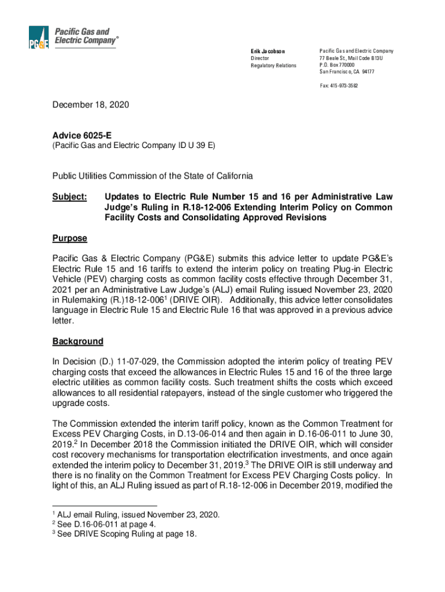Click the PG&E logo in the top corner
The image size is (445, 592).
pyautogui.click(x=39, y=38)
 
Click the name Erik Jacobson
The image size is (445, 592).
pyautogui.click(x=267, y=51)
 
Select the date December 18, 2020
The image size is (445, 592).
pyautogui.click(x=91, y=105)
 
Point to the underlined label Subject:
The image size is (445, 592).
pyautogui.click(x=69, y=197)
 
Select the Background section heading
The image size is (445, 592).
pyautogui.click(x=77, y=341)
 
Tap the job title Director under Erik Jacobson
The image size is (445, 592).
pyautogui.click(x=259, y=58)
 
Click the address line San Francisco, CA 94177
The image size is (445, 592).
pyautogui.click(x=346, y=72)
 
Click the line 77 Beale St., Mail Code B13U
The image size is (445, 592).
pyautogui.click(x=351, y=58)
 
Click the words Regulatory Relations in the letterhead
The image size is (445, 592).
pyautogui.click(x=273, y=65)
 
